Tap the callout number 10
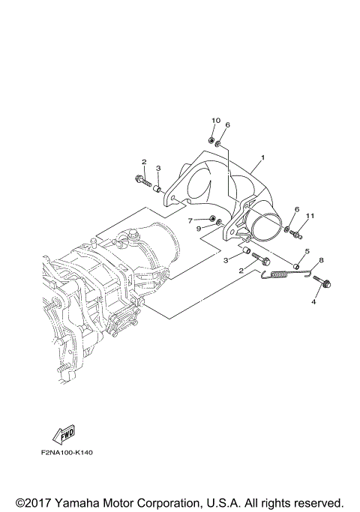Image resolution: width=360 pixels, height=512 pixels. [x=216, y=121]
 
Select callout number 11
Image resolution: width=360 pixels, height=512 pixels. [x=310, y=217]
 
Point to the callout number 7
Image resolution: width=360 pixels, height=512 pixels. [x=190, y=220]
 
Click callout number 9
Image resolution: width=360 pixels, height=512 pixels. [x=199, y=228]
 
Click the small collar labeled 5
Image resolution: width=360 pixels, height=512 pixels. [x=297, y=267]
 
